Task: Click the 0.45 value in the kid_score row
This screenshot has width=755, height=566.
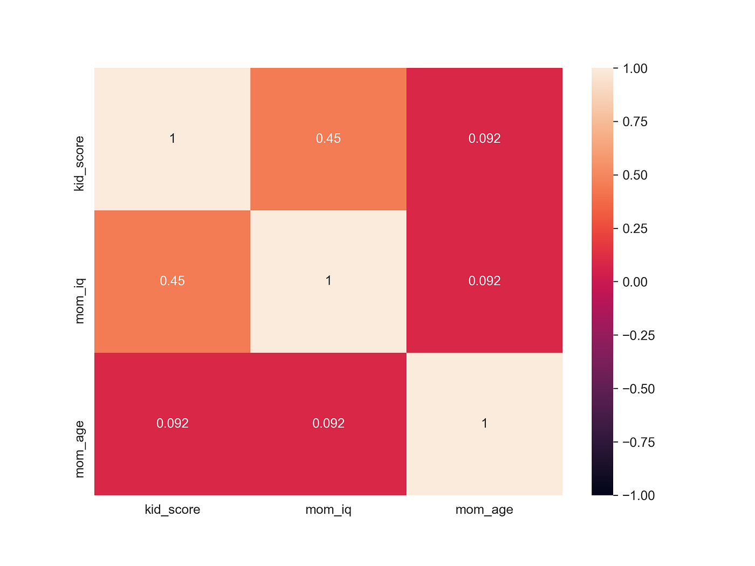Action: (328, 139)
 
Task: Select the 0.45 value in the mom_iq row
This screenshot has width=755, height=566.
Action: (172, 281)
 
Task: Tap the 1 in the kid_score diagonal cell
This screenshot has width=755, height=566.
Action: (172, 139)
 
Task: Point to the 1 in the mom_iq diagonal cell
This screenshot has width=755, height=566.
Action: (328, 281)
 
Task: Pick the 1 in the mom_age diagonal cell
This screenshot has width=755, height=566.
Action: (484, 423)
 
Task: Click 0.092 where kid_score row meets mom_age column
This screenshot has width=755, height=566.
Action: (484, 139)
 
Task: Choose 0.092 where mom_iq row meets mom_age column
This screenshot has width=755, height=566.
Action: (484, 281)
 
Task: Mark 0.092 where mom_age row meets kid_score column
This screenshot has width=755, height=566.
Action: (172, 423)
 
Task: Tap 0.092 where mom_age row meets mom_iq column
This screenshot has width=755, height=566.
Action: (328, 423)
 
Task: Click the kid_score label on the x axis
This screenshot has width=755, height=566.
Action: (172, 509)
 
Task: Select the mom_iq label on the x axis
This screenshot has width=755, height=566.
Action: (328, 509)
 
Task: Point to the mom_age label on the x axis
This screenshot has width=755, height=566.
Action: (484, 509)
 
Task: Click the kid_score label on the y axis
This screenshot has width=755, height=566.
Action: (80, 164)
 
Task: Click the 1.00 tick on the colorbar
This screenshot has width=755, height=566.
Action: (635, 68)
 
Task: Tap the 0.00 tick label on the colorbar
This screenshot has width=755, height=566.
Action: (635, 282)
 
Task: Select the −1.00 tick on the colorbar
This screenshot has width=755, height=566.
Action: (639, 495)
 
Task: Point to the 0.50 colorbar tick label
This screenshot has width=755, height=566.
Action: (635, 175)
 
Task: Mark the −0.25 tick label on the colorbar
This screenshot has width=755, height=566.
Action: (639, 335)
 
